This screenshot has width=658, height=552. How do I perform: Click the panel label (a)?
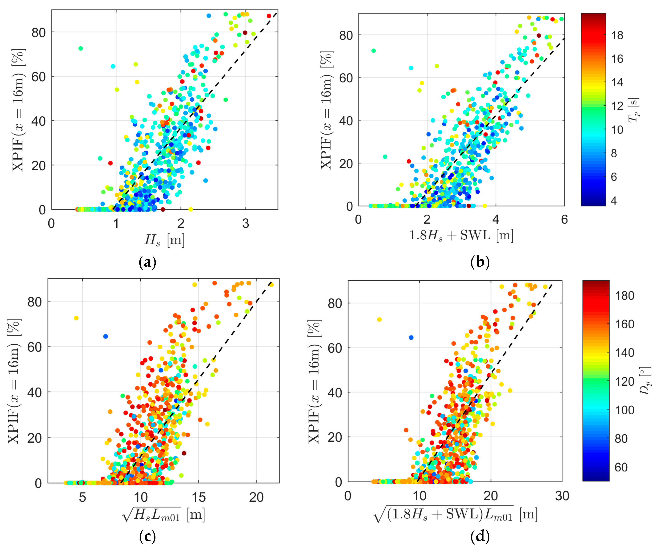pos(147,262)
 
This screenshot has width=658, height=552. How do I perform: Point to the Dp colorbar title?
pos(645,381)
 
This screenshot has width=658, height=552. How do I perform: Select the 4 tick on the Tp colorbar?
pos(613,201)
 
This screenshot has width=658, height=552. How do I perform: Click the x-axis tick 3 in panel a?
pos(245,224)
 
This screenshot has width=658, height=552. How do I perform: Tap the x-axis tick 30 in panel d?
pos(562,496)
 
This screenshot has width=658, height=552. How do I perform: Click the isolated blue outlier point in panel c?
pos(106,336)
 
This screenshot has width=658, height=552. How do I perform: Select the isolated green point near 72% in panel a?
pos(81,48)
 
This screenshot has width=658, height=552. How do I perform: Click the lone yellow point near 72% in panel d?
pos(379,319)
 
